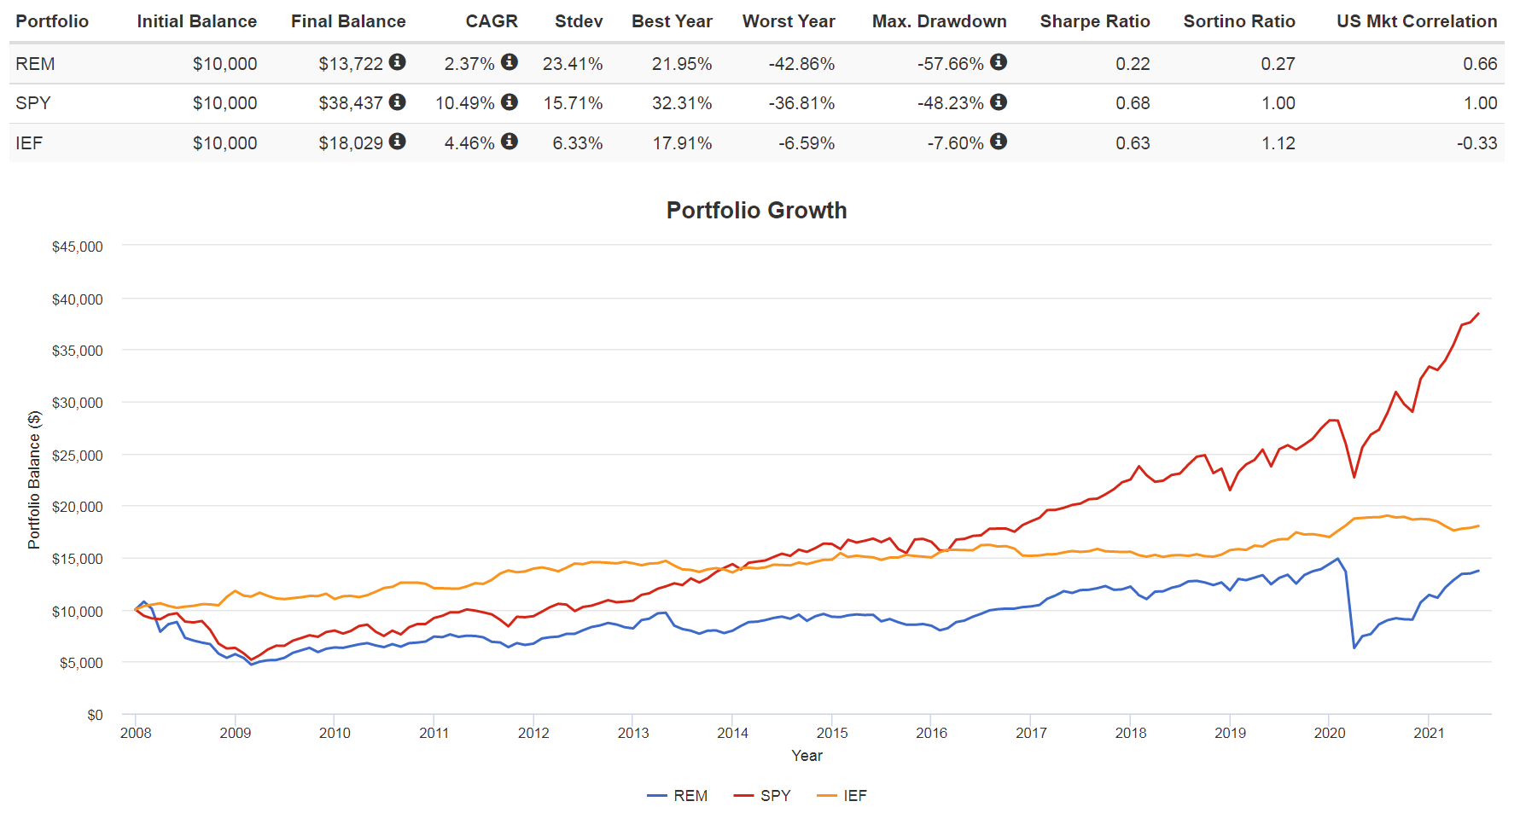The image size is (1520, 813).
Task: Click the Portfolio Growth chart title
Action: click(x=756, y=211)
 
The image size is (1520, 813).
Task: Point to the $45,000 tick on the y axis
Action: click(x=77, y=247)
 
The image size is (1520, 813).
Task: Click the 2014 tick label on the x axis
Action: click(x=732, y=733)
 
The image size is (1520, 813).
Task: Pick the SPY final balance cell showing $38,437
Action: click(x=351, y=103)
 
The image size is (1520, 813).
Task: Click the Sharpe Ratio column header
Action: click(x=1094, y=21)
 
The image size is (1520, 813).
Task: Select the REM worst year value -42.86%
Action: click(x=801, y=64)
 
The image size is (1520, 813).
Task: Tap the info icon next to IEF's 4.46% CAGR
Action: click(x=510, y=142)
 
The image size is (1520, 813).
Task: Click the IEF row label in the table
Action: click(x=29, y=142)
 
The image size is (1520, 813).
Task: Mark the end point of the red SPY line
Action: click(x=1478, y=314)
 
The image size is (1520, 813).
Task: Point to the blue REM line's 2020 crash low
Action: click(x=1354, y=647)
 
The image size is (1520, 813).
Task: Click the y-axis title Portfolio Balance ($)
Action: click(x=34, y=479)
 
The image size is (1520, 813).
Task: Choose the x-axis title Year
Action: click(x=807, y=756)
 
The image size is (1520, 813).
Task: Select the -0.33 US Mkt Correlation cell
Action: click(x=1476, y=142)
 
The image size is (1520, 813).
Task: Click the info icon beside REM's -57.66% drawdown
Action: click(x=999, y=62)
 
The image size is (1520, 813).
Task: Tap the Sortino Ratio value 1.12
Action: click(x=1278, y=142)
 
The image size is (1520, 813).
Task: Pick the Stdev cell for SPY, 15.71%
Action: click(x=573, y=103)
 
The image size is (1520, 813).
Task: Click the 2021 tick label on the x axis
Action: click(x=1429, y=733)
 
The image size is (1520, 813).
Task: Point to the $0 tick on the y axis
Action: click(x=95, y=715)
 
